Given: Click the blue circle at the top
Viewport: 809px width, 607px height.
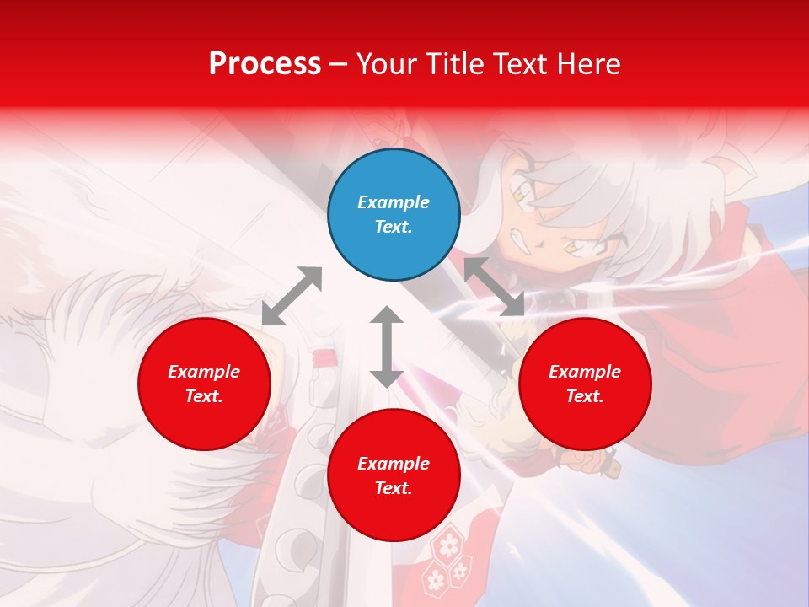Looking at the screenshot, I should (394, 215).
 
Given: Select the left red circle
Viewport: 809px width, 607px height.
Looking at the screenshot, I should (204, 384).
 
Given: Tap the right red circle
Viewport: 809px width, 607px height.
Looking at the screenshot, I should (585, 384).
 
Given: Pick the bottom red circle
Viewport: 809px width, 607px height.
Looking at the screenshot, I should (394, 475).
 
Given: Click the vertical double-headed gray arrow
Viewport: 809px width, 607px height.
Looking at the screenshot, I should (387, 346).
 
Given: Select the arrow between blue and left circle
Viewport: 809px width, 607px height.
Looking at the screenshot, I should (292, 296).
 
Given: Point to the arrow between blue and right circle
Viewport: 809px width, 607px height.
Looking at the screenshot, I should (494, 287).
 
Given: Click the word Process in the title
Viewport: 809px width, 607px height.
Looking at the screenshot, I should (265, 64).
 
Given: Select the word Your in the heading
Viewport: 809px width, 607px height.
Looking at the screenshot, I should (385, 64).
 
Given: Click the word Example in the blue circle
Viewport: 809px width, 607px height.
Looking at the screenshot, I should (394, 202).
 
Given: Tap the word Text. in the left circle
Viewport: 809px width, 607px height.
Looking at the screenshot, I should (204, 396).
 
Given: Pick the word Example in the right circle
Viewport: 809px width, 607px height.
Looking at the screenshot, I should (585, 372).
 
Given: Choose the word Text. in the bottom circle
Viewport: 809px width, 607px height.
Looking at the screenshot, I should (394, 488).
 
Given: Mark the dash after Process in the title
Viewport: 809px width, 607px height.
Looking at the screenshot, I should (338, 65).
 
